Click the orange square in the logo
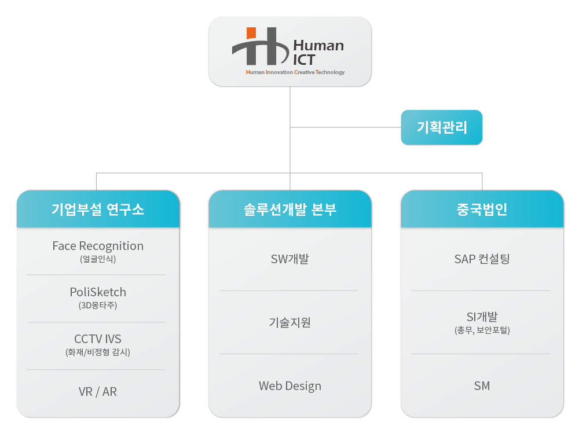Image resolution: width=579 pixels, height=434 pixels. tap(251, 32)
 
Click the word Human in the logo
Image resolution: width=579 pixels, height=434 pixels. tap(318, 46)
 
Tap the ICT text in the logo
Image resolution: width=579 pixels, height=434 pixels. tap(304, 60)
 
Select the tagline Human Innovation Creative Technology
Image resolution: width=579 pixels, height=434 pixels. tap(295, 72)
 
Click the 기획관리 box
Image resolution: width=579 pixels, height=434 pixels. tap(442, 127)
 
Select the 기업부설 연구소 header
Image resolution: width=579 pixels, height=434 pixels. tap(98, 209)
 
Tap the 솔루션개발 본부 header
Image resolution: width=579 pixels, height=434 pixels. tap(290, 209)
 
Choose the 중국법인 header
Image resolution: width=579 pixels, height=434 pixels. tap(482, 209)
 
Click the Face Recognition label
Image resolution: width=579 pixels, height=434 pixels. tap(98, 246)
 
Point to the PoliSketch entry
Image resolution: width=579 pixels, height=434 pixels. tap(98, 292)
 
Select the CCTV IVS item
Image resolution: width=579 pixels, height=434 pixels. tap(98, 339)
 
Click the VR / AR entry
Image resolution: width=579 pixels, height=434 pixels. tap(98, 392)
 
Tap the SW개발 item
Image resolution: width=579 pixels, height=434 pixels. tap(290, 259)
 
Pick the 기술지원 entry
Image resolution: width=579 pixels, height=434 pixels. tap(290, 322)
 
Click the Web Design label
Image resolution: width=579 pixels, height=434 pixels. tap(290, 386)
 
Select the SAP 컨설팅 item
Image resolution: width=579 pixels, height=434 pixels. tap(482, 259)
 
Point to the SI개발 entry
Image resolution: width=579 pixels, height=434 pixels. tap(482, 317)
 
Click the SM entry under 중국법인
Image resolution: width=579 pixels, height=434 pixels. tap(482, 385)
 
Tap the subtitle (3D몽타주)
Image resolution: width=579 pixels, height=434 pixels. tap(98, 305)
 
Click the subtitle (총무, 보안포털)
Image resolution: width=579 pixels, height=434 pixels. tap(482, 330)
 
